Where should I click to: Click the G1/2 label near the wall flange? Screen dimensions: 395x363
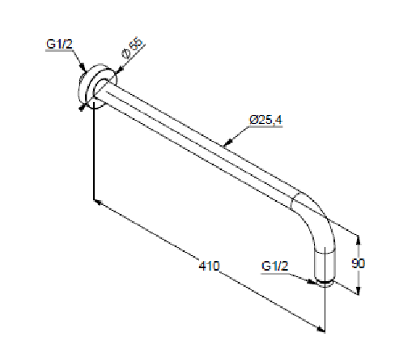(x=59, y=44)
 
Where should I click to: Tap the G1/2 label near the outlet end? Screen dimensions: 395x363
(x=274, y=266)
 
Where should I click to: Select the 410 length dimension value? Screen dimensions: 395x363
(x=209, y=266)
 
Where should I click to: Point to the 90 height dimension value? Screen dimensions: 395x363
(x=358, y=263)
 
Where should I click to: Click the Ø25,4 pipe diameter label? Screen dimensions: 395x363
(x=265, y=120)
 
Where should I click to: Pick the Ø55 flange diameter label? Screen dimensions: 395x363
(x=132, y=48)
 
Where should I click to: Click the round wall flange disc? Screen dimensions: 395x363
(x=98, y=86)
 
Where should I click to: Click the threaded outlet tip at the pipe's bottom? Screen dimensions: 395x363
(x=325, y=284)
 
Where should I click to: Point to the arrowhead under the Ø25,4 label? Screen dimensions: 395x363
(x=228, y=142)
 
